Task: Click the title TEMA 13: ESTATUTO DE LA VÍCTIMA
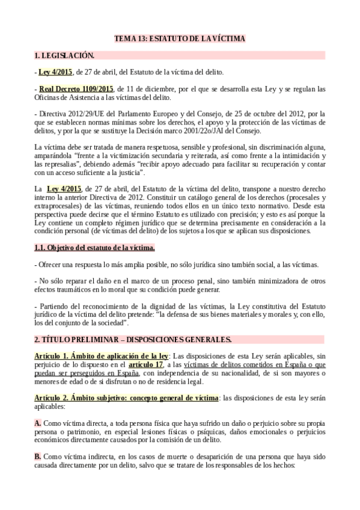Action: coord(180,39)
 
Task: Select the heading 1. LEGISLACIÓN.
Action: coord(64,56)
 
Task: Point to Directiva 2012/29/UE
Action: coord(66,114)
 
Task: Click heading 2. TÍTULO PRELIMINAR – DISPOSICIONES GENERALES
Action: coord(133,340)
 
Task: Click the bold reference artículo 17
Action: coord(146,364)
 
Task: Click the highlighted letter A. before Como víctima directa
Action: coord(38,423)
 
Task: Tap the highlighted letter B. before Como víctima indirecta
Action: coord(38,458)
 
